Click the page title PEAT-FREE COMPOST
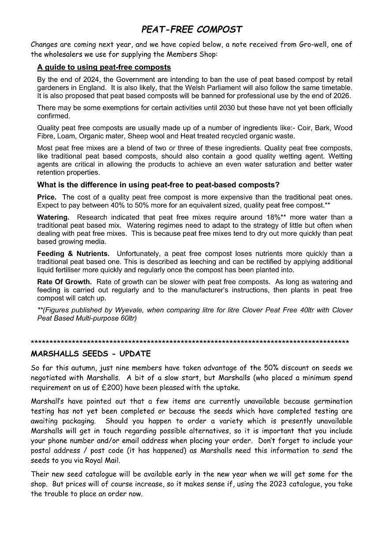191,30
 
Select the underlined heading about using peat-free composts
104,67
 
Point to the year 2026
342,96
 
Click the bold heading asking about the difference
158,185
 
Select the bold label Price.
47,197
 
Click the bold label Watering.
53,217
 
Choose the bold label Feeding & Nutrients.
73,253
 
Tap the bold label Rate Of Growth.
64,282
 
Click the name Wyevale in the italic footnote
125,310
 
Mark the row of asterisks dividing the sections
190,342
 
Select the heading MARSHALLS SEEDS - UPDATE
91,354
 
